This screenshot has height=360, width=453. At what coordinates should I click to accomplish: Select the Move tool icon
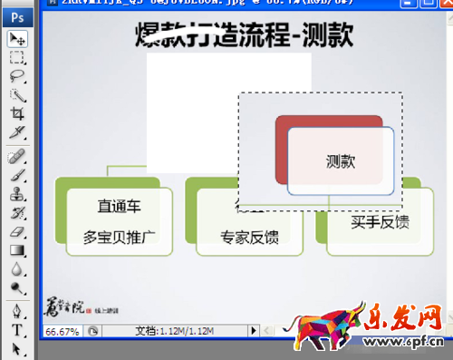point(17,38)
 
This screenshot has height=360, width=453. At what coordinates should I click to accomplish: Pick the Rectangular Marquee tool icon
point(17,57)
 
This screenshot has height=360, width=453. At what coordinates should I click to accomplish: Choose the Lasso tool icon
point(17,76)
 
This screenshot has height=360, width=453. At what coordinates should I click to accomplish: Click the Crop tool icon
point(17,113)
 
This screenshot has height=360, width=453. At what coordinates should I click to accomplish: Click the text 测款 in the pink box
point(341,161)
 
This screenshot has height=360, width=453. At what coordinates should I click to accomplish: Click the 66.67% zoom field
point(61,331)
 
